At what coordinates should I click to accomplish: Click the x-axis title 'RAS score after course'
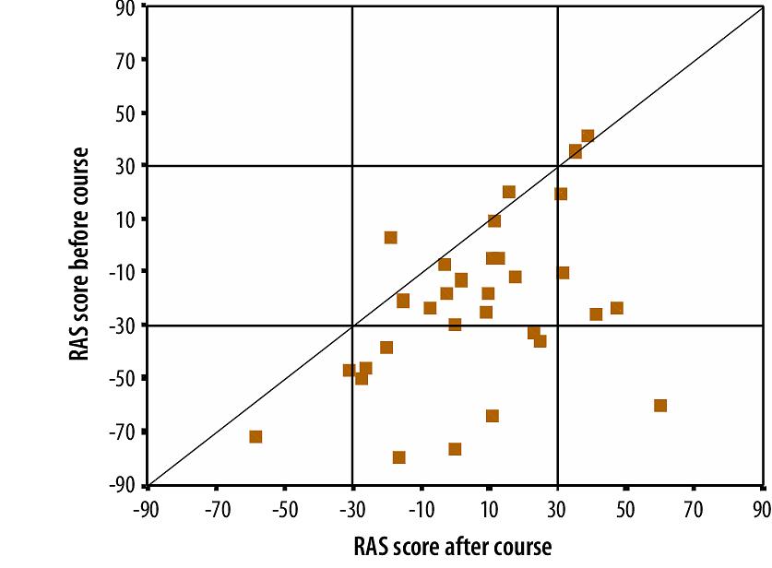click(452, 546)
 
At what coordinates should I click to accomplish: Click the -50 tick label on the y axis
click(122, 379)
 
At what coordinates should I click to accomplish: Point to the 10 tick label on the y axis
click(125, 219)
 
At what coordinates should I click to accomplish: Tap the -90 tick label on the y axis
click(122, 485)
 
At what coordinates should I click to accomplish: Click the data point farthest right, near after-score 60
click(659, 406)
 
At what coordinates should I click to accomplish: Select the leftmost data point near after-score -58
click(255, 436)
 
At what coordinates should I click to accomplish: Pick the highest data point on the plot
click(588, 136)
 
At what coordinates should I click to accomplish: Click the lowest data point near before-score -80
click(399, 457)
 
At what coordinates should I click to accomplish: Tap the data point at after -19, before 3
click(391, 238)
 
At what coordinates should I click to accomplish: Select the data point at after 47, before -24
click(617, 308)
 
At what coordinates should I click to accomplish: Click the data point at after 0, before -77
click(455, 449)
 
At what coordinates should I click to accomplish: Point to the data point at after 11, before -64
click(493, 416)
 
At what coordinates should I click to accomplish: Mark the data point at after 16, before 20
click(509, 192)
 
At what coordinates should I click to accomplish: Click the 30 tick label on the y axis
click(125, 166)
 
